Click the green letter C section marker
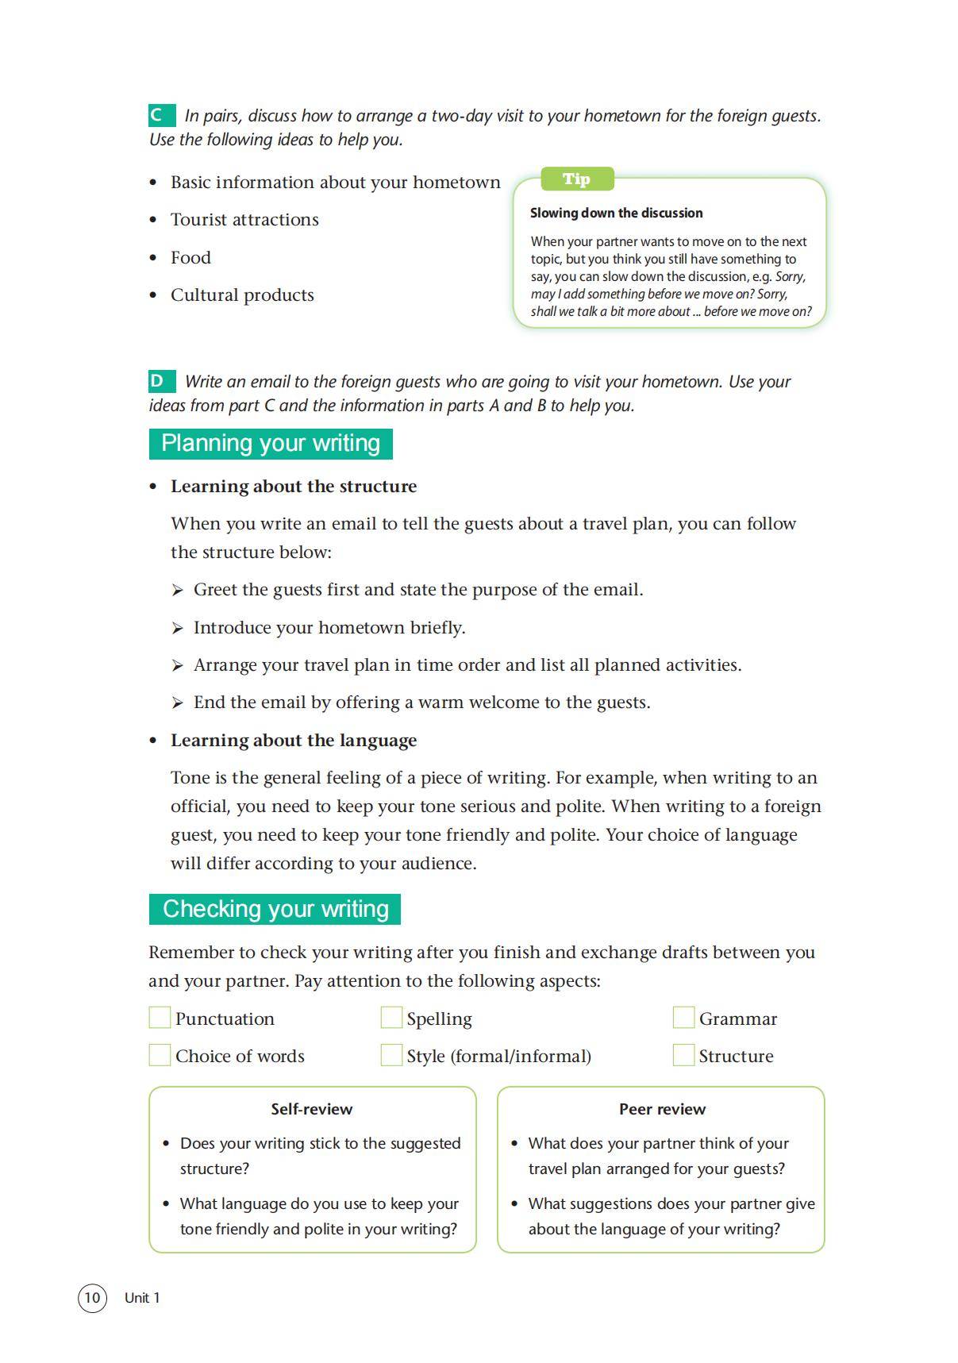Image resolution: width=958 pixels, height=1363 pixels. (161, 115)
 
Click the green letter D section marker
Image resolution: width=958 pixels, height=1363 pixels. (161, 381)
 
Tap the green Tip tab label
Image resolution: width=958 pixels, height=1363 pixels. (577, 179)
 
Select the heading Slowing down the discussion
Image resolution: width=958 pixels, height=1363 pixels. (616, 213)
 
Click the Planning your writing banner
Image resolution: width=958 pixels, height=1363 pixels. (271, 443)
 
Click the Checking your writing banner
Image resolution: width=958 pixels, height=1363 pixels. (275, 909)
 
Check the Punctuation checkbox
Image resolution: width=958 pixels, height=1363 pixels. (160, 1018)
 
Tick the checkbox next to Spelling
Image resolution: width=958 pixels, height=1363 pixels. (391, 1018)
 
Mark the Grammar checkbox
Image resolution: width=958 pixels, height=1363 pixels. (683, 1018)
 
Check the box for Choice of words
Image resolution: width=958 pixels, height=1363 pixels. (160, 1055)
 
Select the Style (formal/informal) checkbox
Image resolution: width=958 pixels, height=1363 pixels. (391, 1055)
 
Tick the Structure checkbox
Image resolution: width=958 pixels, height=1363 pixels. (683, 1055)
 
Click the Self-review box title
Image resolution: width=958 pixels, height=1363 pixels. (312, 1109)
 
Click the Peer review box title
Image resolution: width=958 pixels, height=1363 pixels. (662, 1109)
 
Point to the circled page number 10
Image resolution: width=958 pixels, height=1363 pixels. (92, 1298)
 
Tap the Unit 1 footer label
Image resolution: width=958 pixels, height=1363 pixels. (142, 1298)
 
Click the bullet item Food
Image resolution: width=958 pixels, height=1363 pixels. (190, 257)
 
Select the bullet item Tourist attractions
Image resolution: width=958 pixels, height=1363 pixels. (244, 220)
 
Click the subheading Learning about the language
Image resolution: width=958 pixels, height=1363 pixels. (294, 741)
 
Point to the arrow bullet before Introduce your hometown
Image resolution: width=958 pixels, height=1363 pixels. (177, 628)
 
